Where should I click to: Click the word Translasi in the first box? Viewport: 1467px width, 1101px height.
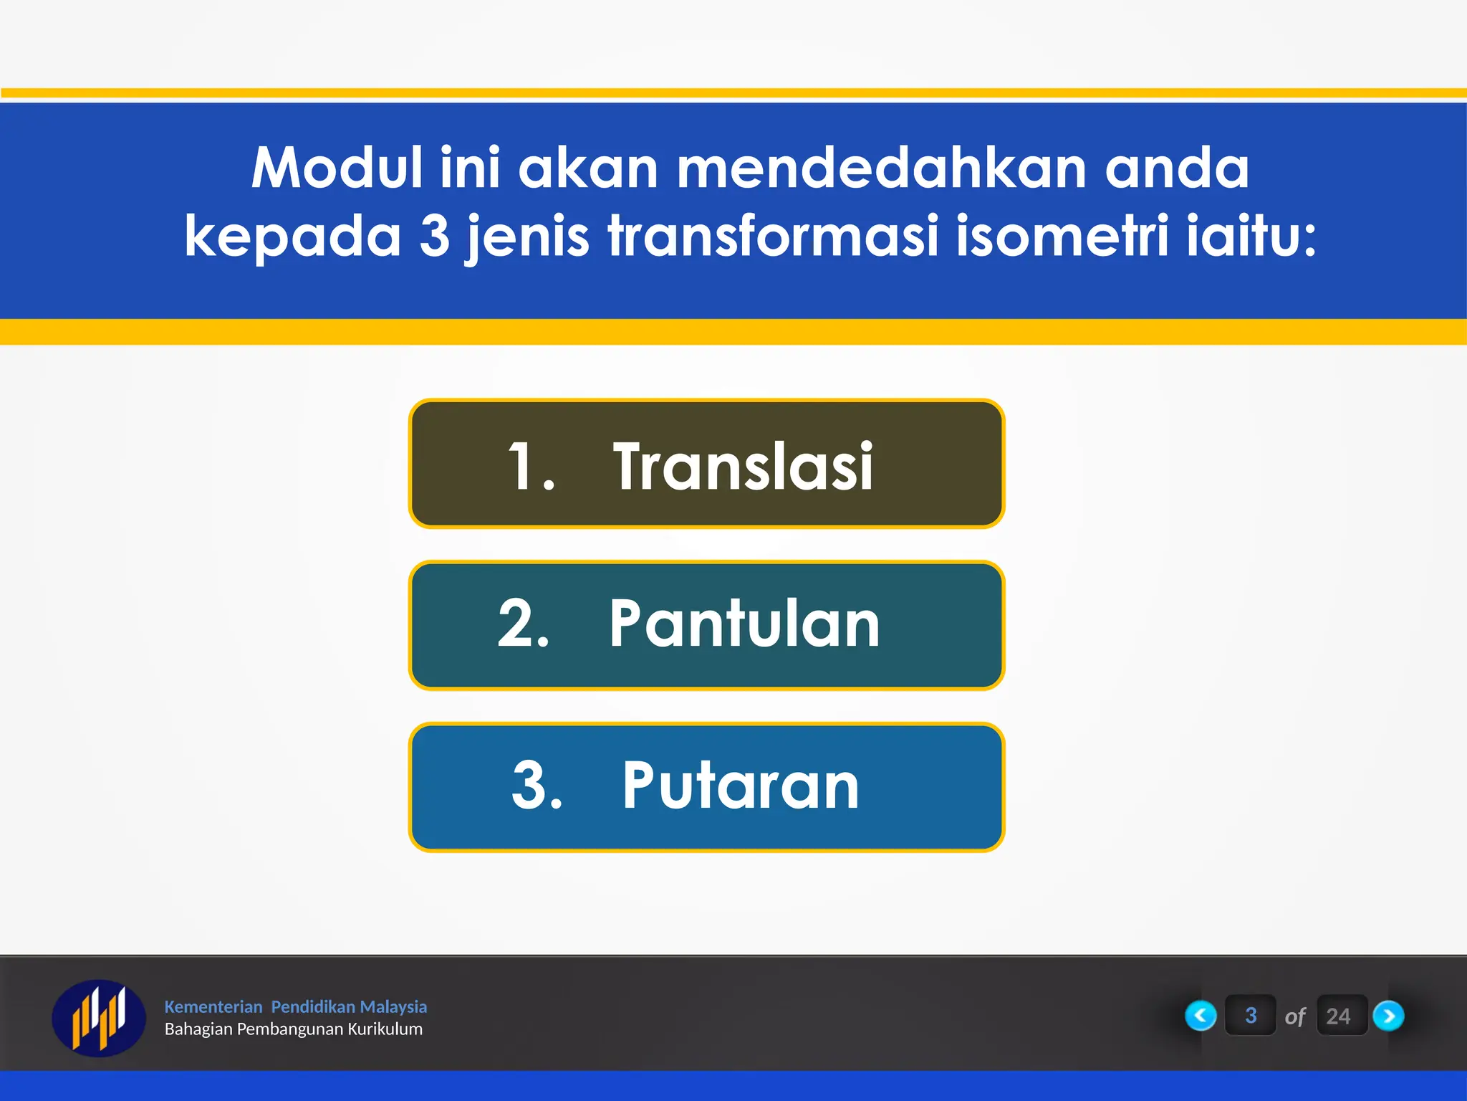pyautogui.click(x=743, y=467)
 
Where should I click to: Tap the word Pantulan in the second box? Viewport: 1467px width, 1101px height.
pyautogui.click(x=744, y=624)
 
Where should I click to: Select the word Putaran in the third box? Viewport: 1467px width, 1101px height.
pyautogui.click(x=740, y=786)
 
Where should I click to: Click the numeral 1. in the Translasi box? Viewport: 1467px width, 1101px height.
pyautogui.click(x=530, y=467)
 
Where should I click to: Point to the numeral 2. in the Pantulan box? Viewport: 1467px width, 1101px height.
pyautogui.click(x=524, y=624)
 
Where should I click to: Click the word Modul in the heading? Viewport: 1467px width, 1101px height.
pyautogui.click(x=337, y=168)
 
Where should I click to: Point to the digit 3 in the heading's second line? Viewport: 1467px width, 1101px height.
pyautogui.click(x=434, y=236)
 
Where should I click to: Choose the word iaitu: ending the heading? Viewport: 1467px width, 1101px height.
pyautogui.click(x=1251, y=236)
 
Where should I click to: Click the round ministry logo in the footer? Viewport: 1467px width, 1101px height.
pyautogui.click(x=99, y=1018)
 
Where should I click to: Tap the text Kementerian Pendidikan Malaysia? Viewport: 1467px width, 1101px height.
pyautogui.click(x=295, y=1006)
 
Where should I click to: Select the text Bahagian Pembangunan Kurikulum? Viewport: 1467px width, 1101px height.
pyautogui.click(x=294, y=1029)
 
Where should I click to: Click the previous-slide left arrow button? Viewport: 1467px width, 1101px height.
pyautogui.click(x=1201, y=1016)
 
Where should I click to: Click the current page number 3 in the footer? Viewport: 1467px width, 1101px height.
pyautogui.click(x=1251, y=1016)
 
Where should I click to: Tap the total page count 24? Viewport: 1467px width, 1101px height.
pyautogui.click(x=1338, y=1016)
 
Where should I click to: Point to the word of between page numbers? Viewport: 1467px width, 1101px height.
pyautogui.click(x=1295, y=1017)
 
